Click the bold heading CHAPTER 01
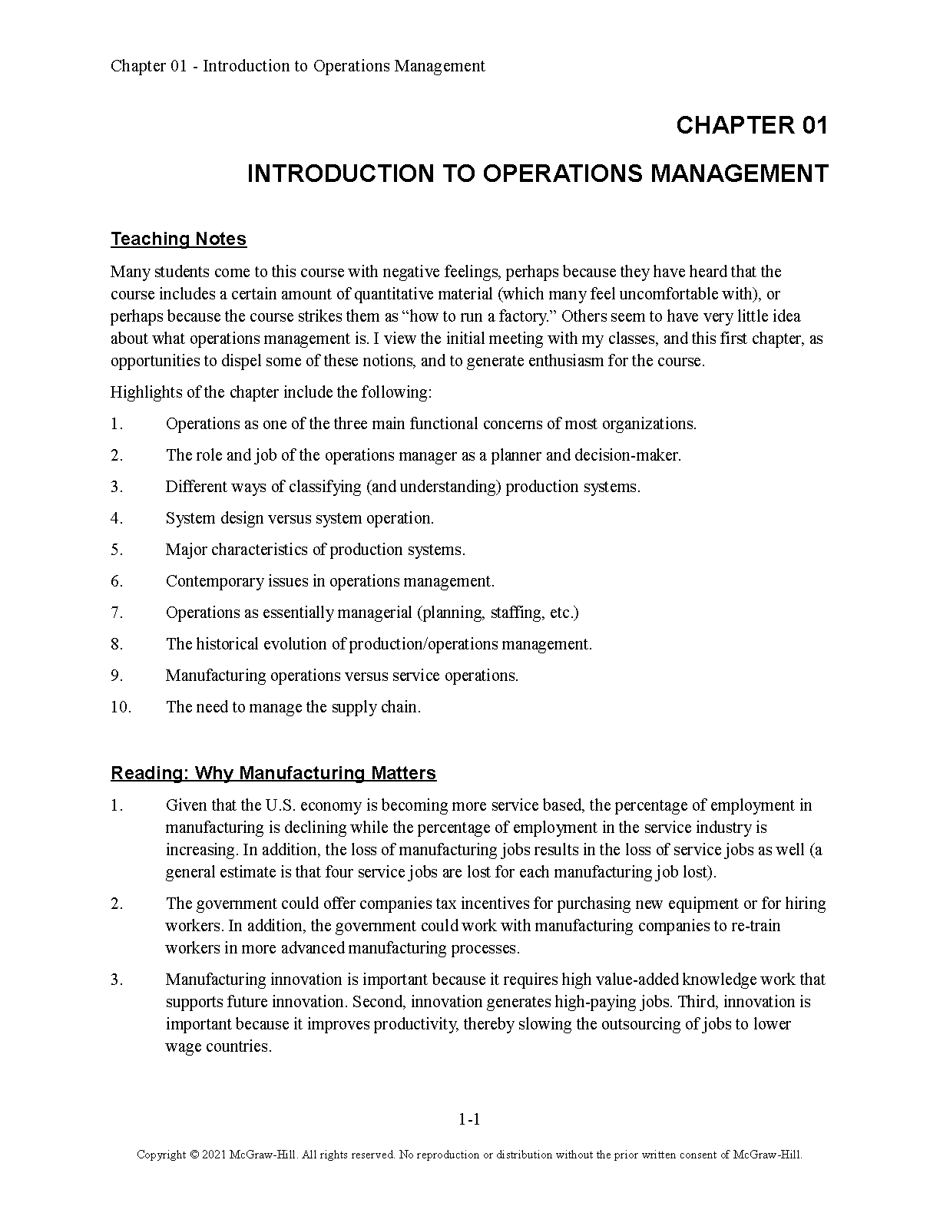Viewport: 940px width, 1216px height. [752, 126]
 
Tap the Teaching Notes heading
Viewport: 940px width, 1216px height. [178, 239]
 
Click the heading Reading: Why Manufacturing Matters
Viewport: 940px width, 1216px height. [273, 773]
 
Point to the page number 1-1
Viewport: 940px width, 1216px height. [469, 1119]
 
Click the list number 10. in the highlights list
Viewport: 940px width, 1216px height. [121, 707]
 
